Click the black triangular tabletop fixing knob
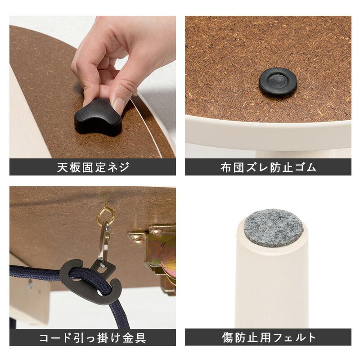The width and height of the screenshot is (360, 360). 96,118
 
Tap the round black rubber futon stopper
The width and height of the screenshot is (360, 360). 278,83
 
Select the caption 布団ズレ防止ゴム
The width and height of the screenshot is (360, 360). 268,168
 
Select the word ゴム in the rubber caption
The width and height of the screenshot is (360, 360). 307,168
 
